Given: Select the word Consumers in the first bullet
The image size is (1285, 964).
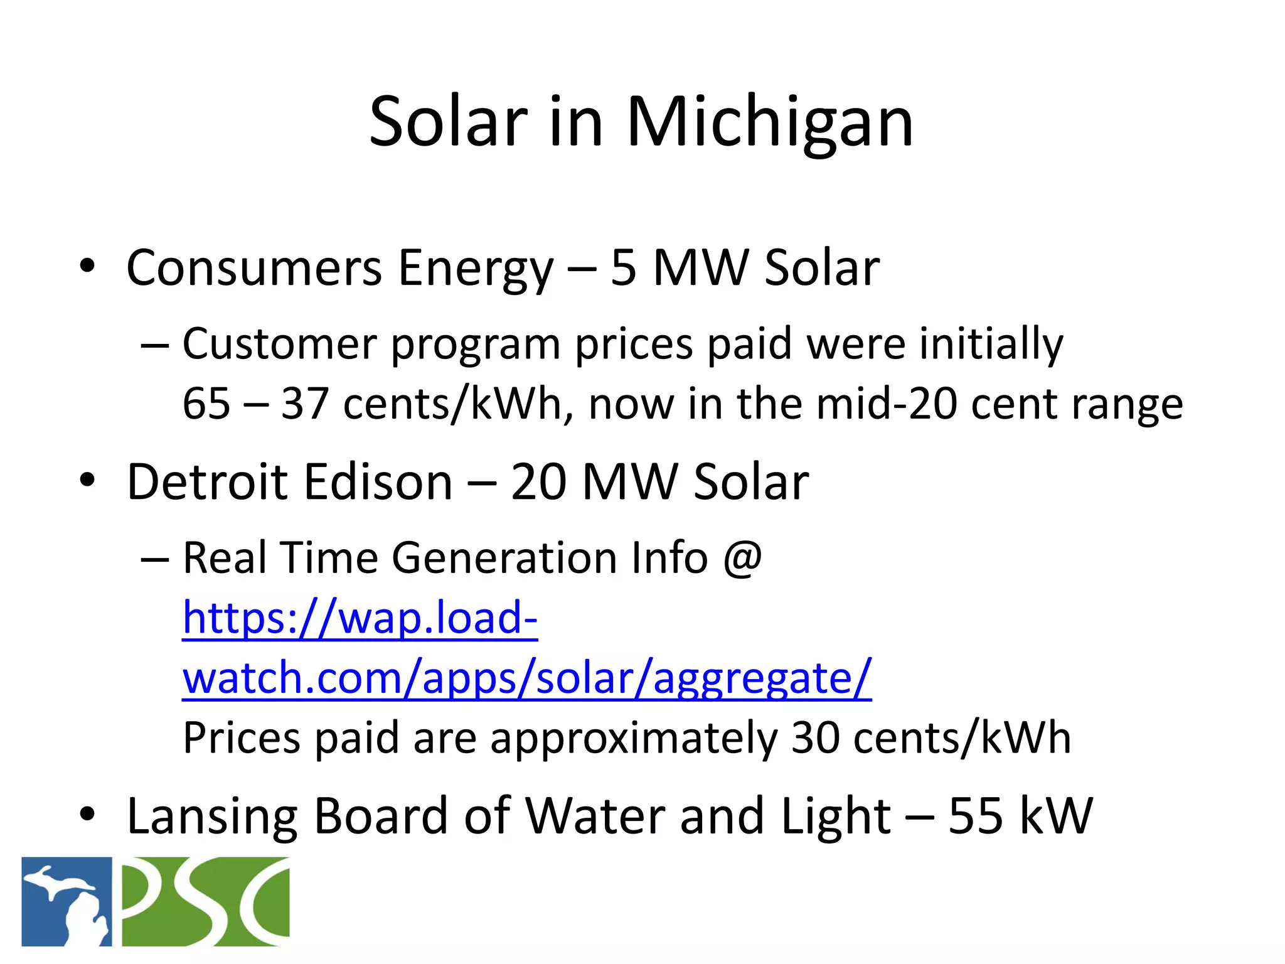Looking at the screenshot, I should (254, 268).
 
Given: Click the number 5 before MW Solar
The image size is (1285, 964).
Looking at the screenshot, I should (623, 268).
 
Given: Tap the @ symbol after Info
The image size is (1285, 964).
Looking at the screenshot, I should (742, 557).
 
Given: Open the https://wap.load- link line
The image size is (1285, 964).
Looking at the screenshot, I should (360, 618).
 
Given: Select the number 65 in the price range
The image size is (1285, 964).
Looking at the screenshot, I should (206, 403).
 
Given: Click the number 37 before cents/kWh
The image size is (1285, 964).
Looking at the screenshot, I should (305, 403).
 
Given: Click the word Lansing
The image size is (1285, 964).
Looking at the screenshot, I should (212, 817).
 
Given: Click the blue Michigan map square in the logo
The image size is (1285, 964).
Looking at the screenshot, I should (67, 901).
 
